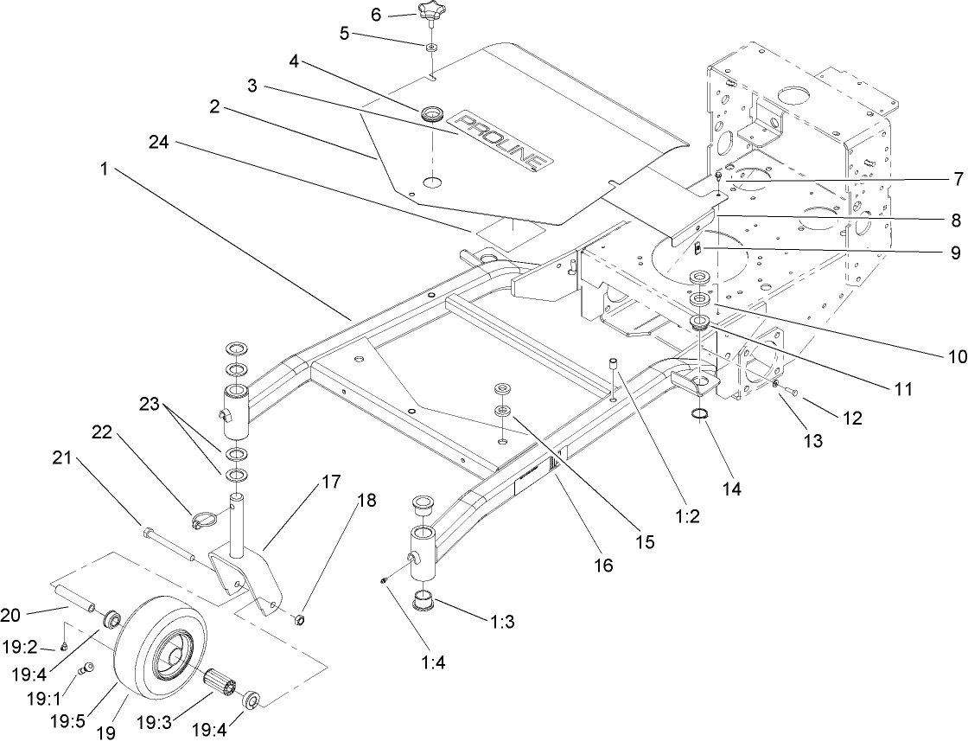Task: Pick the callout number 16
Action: coord(602,566)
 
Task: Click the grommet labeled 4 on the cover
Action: coord(430,113)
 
